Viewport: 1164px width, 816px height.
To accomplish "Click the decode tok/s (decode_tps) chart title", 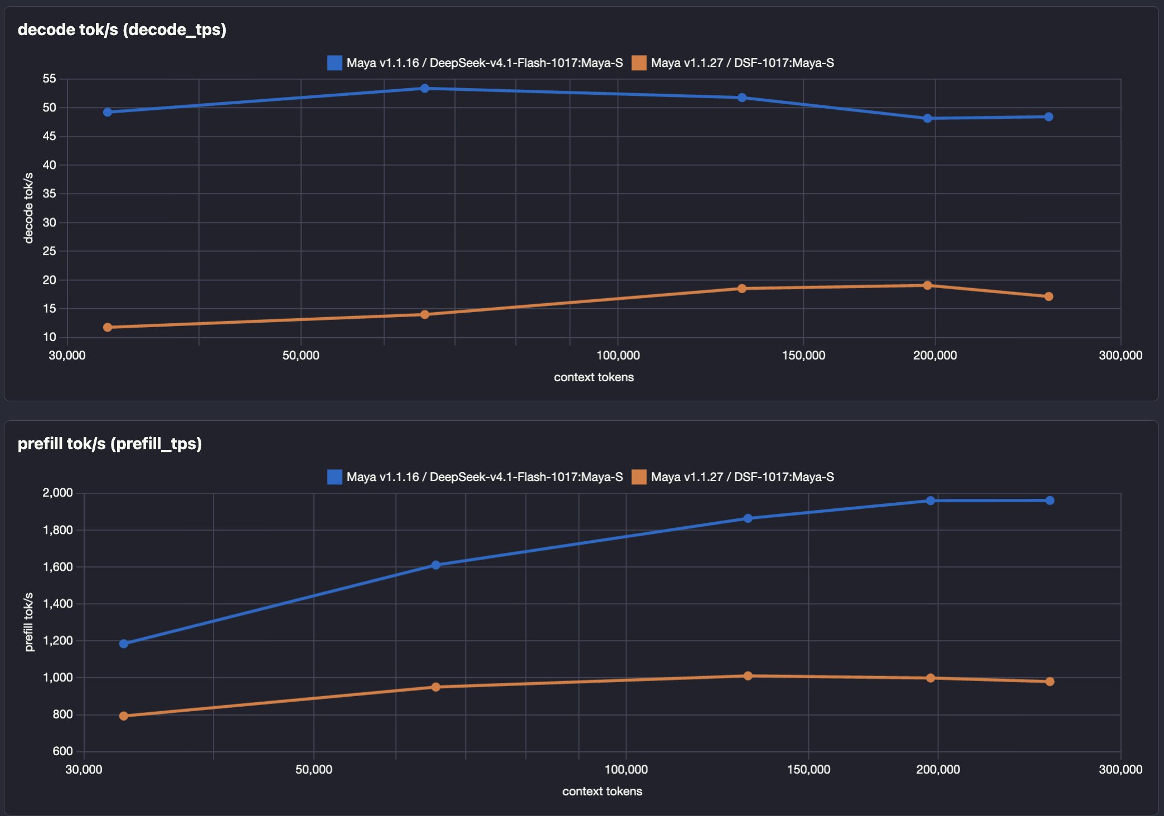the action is tap(122, 30).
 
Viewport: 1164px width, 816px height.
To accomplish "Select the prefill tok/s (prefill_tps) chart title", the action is tap(110, 444).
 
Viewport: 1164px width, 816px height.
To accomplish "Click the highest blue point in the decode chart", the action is tap(425, 88).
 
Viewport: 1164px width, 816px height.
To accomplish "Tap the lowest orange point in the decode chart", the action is tap(108, 327).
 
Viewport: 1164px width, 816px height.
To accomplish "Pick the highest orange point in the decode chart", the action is tap(928, 285).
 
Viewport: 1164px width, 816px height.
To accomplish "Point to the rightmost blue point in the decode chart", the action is tap(1049, 116).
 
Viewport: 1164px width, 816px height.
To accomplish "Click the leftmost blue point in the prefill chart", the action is tap(124, 644).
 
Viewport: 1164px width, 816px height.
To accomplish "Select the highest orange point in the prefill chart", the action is tap(748, 676).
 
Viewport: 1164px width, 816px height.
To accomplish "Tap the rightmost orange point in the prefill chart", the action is tap(1050, 682).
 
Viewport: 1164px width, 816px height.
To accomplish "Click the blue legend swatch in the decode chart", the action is tap(334, 63).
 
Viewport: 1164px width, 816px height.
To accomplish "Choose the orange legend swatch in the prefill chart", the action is tap(639, 477).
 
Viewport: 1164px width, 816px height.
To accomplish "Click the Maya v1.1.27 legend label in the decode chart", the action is tap(743, 63).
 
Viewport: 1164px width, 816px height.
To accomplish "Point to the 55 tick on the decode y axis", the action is tap(50, 79).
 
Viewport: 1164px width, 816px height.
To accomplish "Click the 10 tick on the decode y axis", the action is tap(50, 337).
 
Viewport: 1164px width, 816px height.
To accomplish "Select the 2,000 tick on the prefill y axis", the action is tap(58, 493).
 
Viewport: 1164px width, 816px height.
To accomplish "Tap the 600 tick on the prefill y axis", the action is tap(63, 751).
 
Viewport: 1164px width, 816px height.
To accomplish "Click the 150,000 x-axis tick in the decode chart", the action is tap(803, 356).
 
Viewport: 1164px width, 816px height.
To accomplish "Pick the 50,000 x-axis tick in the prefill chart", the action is tap(314, 770).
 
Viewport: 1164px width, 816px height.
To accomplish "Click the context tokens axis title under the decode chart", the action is tap(594, 377).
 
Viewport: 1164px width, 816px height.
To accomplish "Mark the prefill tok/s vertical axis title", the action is tap(29, 622).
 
